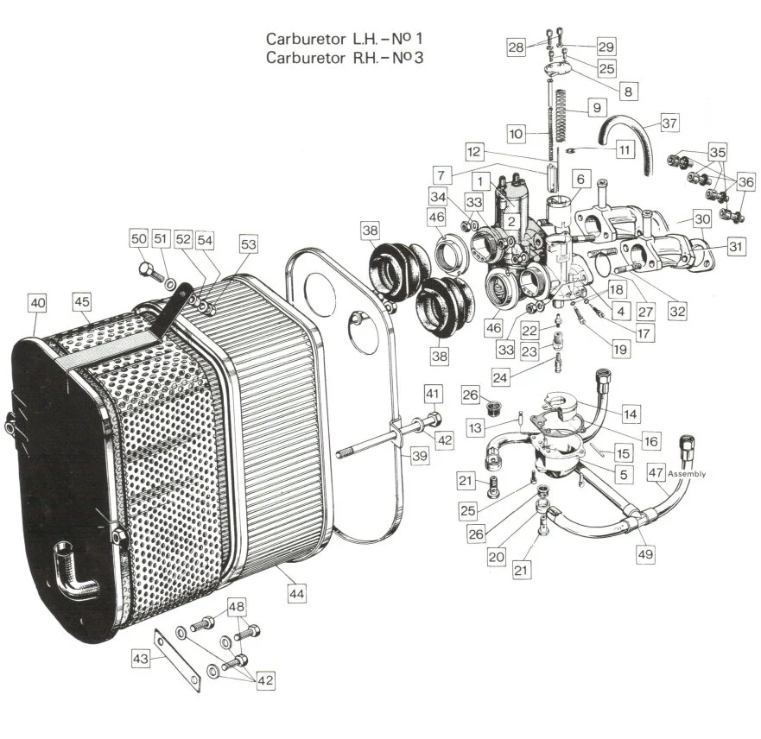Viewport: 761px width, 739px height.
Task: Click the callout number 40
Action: pyautogui.click(x=37, y=303)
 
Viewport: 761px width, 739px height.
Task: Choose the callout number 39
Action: pyautogui.click(x=420, y=457)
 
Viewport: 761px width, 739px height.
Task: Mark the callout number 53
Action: pyautogui.click(x=249, y=245)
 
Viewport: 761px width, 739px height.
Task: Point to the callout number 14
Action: pyautogui.click(x=631, y=415)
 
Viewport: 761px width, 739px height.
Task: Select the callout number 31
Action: pyautogui.click(x=735, y=247)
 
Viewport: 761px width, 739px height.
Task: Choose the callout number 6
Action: pyautogui.click(x=580, y=179)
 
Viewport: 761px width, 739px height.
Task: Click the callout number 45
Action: pyautogui.click(x=82, y=302)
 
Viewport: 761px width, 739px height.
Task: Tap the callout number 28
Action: pyautogui.click(x=516, y=47)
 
